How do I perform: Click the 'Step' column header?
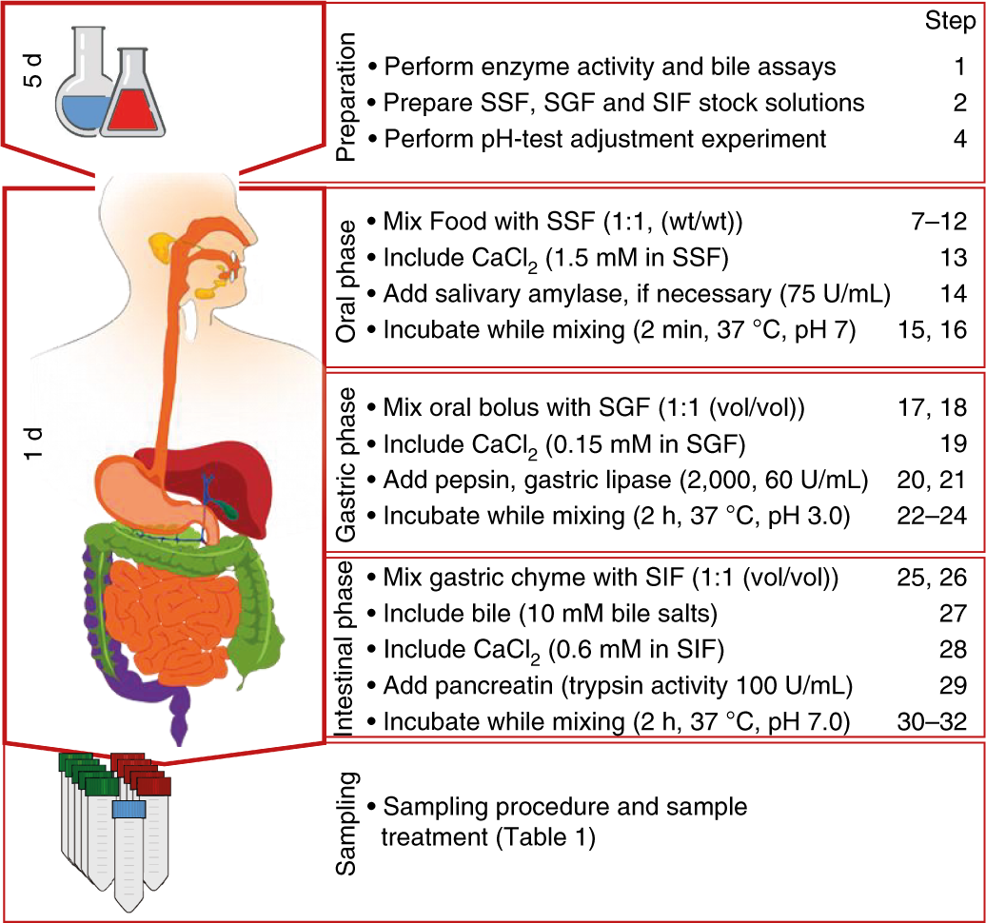[949, 24]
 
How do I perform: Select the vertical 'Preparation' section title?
[346, 95]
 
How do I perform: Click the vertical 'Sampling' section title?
[346, 822]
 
